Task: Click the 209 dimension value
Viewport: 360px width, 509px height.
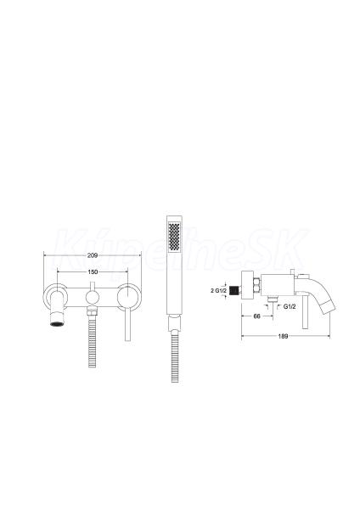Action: (93, 255)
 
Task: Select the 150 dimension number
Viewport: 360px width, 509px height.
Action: (93, 272)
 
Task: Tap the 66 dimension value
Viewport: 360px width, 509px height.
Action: (256, 316)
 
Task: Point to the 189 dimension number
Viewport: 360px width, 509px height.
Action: (283, 336)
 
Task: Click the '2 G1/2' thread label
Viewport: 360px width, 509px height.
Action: (219, 290)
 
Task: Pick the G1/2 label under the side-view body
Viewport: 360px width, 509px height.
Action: (290, 306)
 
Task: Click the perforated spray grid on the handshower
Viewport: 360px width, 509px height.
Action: (174, 236)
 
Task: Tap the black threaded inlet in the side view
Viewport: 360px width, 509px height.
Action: (234, 290)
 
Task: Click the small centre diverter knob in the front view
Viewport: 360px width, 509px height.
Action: (93, 297)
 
